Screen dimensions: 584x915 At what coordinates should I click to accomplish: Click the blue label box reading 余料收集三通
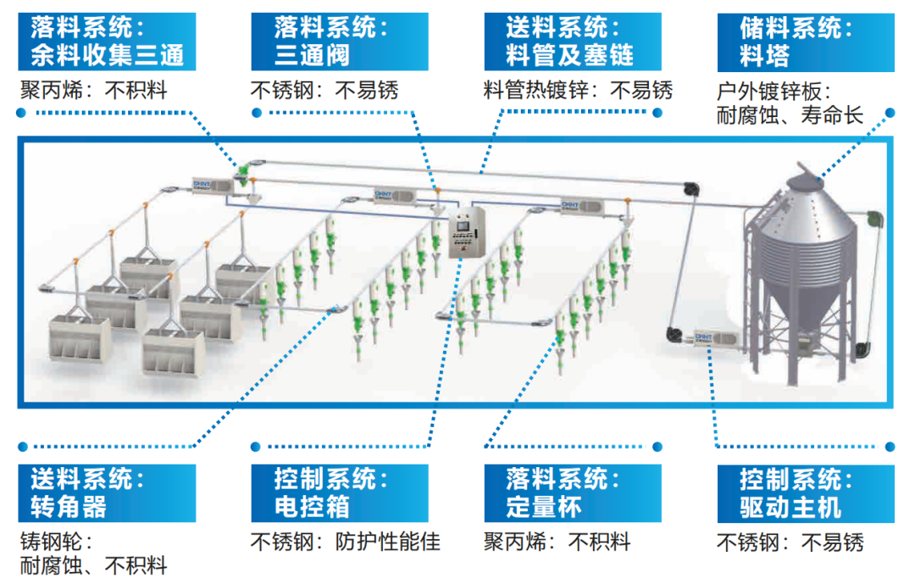107,42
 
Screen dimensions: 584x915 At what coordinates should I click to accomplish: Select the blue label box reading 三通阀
340,42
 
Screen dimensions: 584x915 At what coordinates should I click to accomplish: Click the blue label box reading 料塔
806,42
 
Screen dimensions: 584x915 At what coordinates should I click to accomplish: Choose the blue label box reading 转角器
107,493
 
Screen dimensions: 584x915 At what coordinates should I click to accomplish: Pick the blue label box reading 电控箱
340,493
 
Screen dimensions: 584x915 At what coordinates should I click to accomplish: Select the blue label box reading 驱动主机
806,493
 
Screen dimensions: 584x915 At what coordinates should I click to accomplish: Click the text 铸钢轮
56,542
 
